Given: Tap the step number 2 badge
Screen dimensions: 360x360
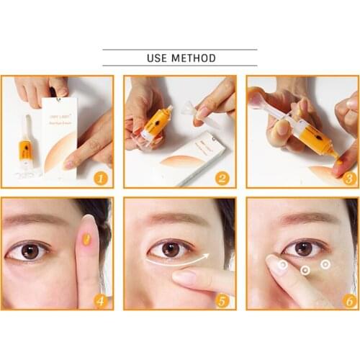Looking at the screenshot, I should [x=222, y=176].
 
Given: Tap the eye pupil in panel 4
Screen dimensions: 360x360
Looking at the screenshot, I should [x=30, y=251].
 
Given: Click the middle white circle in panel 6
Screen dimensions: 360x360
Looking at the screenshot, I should [x=305, y=271].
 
